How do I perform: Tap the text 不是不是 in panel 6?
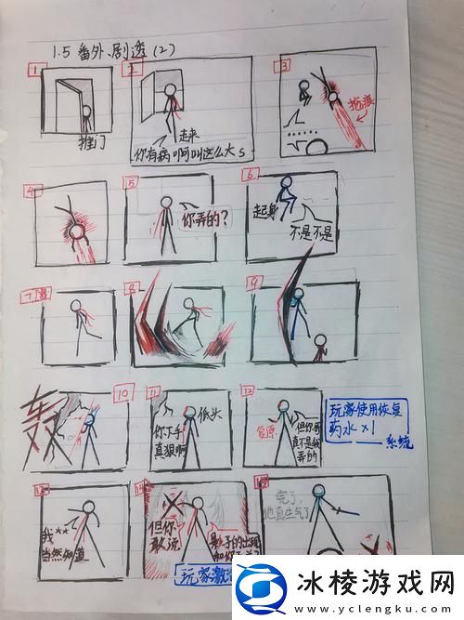pyautogui.click(x=313, y=233)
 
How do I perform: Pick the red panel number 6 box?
pyautogui.click(x=251, y=174)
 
